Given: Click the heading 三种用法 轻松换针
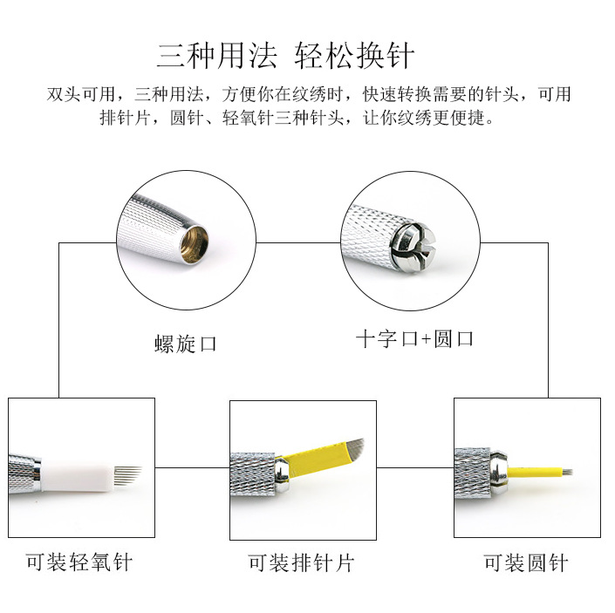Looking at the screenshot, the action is (285, 56).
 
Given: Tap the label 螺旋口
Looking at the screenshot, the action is (186, 344).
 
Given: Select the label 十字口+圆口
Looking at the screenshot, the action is (414, 338).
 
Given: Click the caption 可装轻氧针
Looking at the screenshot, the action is (79, 562).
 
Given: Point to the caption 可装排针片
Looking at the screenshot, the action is (301, 562).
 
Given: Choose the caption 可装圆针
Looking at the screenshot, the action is (525, 562).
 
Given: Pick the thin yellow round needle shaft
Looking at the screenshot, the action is (535, 472).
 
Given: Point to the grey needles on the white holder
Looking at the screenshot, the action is (128, 475).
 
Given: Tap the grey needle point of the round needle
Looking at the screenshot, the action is (568, 472).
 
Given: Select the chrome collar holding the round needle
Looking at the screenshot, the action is (498, 472).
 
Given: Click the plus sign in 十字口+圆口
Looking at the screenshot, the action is (427, 339).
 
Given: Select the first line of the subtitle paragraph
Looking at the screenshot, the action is (309, 94).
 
